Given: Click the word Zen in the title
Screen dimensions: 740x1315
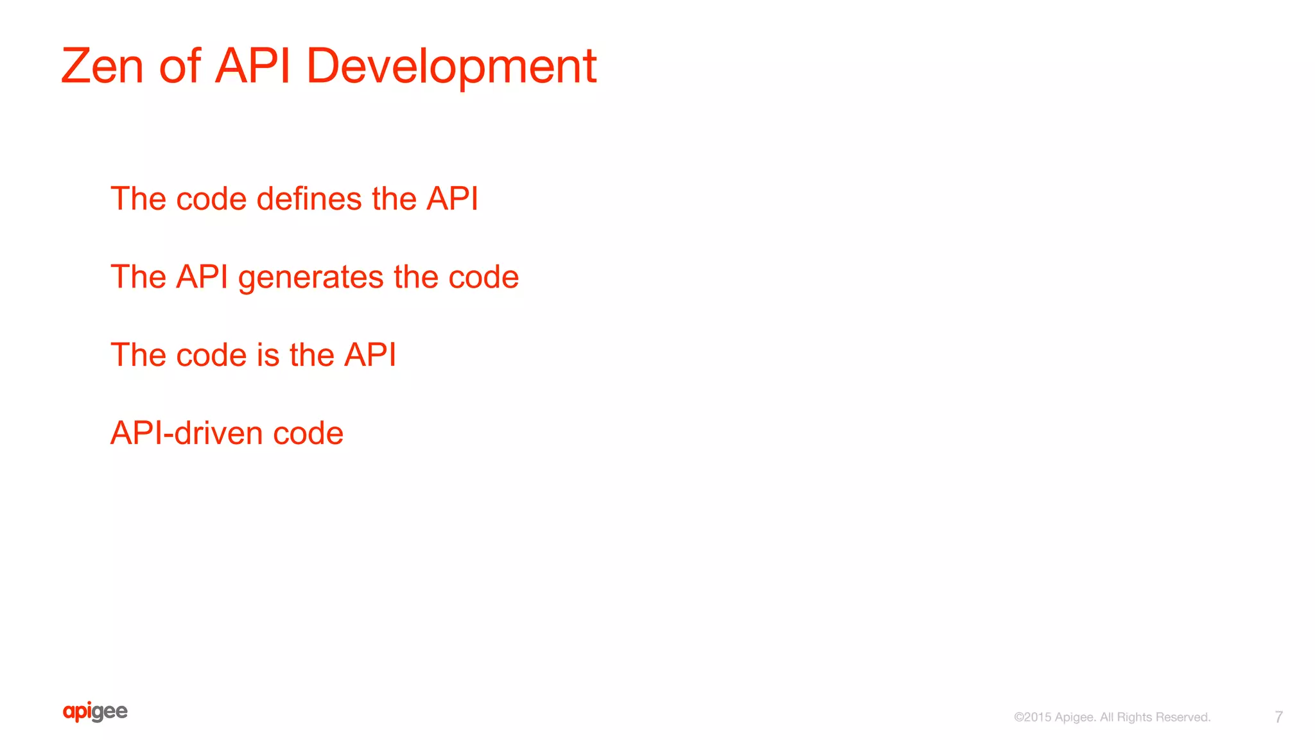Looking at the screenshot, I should coord(102,66).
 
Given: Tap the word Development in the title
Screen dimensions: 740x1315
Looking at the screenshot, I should coord(451,66).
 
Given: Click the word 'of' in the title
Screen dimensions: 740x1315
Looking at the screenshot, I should coord(180,66).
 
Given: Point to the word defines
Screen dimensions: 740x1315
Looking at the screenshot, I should coord(309,199).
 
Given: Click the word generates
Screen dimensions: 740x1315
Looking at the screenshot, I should coord(311,278).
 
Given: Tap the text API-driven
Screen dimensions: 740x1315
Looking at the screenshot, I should coord(187,433).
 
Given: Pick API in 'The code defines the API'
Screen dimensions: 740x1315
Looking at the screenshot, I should coord(452,199).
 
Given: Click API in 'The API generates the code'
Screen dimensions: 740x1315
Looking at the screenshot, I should coord(202,277).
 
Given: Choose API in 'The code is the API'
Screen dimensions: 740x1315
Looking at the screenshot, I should coord(370,355).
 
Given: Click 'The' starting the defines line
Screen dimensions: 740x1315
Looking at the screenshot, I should coord(138,199).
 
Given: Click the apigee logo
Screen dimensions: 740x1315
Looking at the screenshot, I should coord(95,712).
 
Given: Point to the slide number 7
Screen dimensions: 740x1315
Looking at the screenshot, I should coord(1278,717).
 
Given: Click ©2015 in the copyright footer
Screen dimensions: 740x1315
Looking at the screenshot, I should coord(1032,718).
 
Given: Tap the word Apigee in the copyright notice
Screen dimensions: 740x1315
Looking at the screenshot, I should coord(1075,718).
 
